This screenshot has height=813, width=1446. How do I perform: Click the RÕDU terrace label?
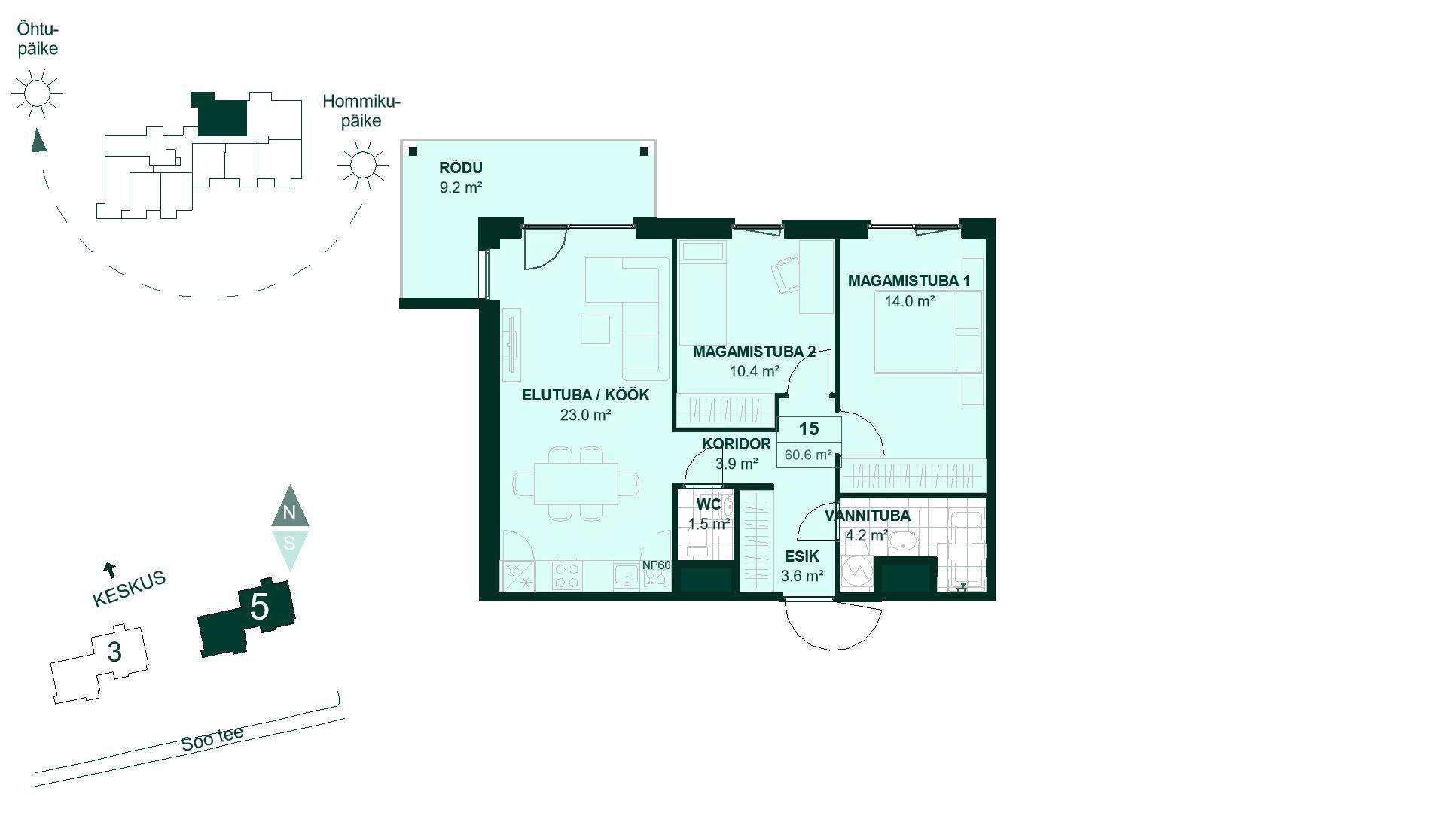coord(460,168)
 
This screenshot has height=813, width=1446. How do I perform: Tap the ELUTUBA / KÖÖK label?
coord(585,395)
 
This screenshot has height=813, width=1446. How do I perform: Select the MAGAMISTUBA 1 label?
coord(909,281)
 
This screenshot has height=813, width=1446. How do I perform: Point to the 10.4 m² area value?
coord(754,371)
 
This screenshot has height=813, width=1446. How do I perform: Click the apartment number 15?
coord(809,429)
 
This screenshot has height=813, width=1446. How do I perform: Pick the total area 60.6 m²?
coord(808,455)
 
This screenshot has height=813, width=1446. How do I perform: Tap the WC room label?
coord(709,504)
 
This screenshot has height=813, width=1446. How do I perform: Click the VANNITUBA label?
coord(867,516)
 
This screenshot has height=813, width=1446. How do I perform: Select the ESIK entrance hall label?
coord(802,557)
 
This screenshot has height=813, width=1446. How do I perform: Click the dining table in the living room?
coord(576,484)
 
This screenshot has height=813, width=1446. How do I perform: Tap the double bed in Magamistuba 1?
coord(929,333)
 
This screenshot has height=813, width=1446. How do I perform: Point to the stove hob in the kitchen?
coord(566,577)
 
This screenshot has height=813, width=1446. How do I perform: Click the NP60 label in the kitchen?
coord(656,565)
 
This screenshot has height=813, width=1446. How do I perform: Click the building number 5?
coord(259,606)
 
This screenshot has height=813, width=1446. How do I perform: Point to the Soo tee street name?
coord(212,739)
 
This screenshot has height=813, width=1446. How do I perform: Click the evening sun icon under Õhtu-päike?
coord(36,93)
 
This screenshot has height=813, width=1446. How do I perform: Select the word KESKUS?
coord(129,589)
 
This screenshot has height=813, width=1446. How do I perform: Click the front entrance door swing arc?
coord(833,626)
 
